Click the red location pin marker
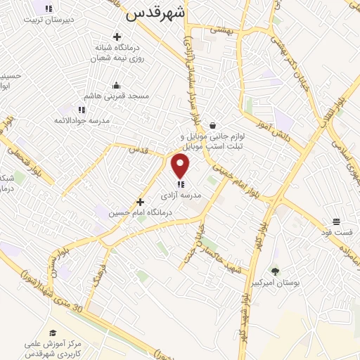point(181,167)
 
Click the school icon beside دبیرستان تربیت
point(48,8)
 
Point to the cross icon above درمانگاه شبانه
point(115,36)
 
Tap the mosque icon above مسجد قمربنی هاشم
point(115,85)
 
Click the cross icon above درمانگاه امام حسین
point(141,202)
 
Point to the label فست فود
point(345,231)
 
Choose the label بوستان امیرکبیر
point(296,282)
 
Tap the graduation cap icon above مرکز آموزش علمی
point(53,332)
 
